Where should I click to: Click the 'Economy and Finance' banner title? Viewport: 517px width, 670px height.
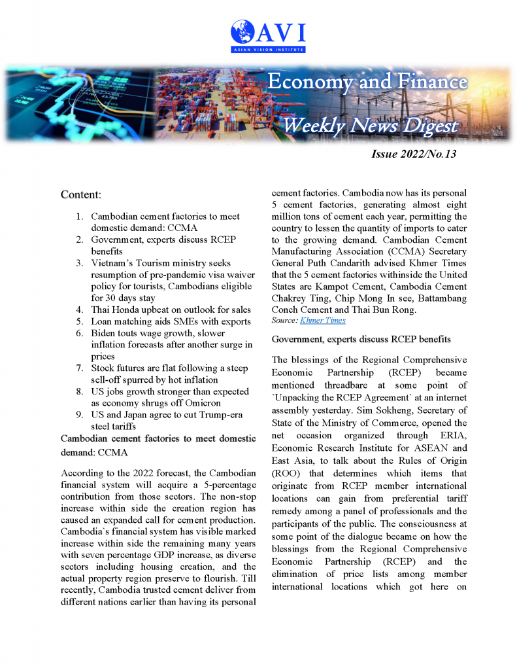tap(367, 82)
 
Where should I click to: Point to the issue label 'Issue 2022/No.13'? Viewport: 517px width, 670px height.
tap(414, 154)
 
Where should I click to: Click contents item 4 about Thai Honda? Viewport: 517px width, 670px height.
tap(171, 309)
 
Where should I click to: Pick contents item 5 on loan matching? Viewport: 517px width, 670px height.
tap(171, 321)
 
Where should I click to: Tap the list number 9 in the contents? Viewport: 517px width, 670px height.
tap(78, 415)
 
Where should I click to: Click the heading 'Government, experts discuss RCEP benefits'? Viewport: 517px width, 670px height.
tap(361, 339)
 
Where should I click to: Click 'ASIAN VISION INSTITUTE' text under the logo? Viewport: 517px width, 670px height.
tap(268, 50)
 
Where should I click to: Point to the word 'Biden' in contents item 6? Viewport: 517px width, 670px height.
tap(105, 333)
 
